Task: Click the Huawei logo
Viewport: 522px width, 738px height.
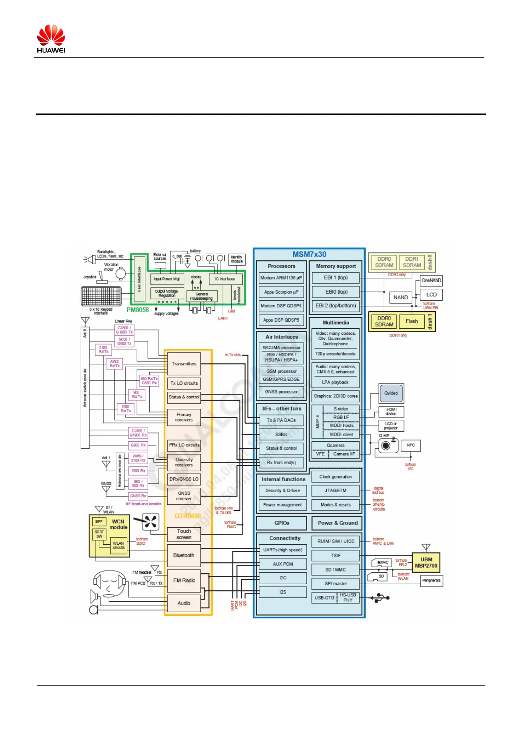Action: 51,39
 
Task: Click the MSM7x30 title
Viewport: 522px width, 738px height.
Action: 309,255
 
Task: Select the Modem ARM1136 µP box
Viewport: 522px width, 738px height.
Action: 281,278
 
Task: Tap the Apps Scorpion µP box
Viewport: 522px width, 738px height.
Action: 281,292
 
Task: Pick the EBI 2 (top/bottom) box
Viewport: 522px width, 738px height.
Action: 336,306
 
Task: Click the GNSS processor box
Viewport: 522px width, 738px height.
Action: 281,392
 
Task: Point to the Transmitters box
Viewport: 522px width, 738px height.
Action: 184,364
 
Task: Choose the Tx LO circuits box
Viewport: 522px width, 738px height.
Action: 184,383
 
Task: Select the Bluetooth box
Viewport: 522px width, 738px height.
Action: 184,555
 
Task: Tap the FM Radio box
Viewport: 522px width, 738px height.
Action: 184,580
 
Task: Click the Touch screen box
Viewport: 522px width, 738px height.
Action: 184,534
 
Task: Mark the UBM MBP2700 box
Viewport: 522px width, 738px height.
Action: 426,563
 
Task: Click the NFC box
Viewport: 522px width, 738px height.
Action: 411,445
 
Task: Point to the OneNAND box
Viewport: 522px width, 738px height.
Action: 431,280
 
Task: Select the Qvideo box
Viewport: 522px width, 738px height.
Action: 391,393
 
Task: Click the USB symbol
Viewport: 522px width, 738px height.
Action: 380,598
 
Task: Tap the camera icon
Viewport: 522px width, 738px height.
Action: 386,446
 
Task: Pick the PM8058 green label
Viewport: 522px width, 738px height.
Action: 138,310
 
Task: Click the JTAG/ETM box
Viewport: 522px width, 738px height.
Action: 336,491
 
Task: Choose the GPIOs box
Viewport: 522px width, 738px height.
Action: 282,523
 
